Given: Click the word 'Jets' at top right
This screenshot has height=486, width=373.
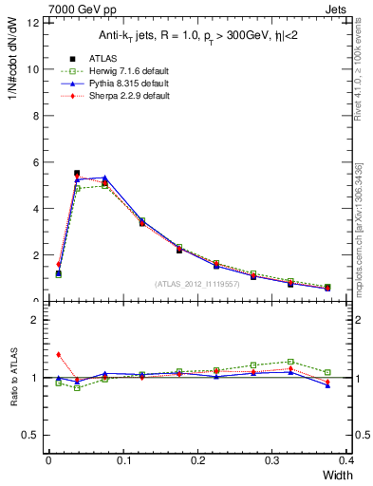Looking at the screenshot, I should point(350,8).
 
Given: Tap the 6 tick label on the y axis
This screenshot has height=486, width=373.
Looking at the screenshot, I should point(35,162).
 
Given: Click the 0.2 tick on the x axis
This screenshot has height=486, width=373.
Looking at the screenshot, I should point(196,458).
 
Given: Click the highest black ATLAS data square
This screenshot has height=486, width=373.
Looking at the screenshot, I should point(77,174).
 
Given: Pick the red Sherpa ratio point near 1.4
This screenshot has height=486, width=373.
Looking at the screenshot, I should point(59,355).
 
